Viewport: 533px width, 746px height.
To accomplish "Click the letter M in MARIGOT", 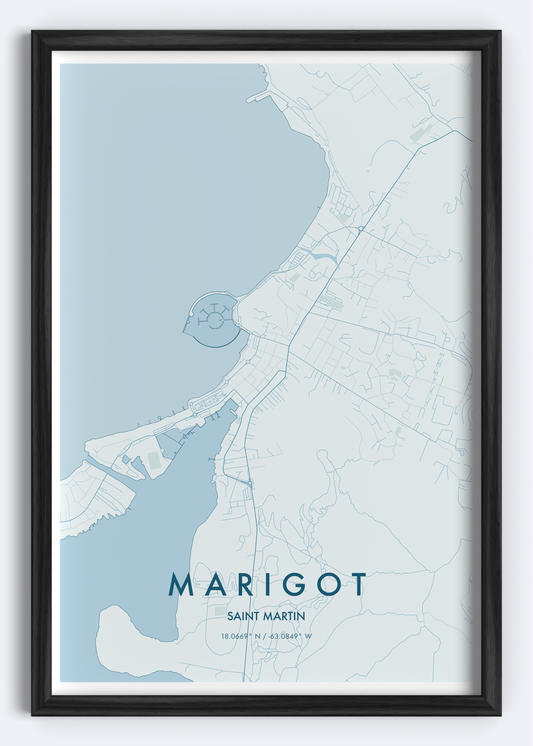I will (x=182, y=585).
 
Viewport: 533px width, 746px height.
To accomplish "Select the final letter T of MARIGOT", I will (x=357, y=585).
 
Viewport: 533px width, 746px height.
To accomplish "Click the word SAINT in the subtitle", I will (x=246, y=616).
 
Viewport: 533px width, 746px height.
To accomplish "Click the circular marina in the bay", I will (x=211, y=319).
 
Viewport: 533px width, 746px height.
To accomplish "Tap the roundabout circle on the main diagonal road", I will (x=360, y=229).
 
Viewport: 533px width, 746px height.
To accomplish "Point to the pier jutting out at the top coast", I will (x=259, y=97).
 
